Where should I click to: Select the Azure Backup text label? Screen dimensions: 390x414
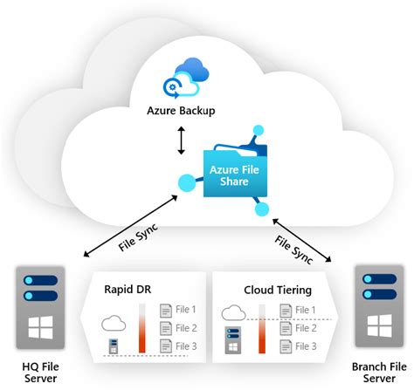click(182, 111)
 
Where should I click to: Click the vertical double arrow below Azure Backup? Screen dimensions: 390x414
click(182, 140)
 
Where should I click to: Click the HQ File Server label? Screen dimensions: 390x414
click(38, 372)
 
